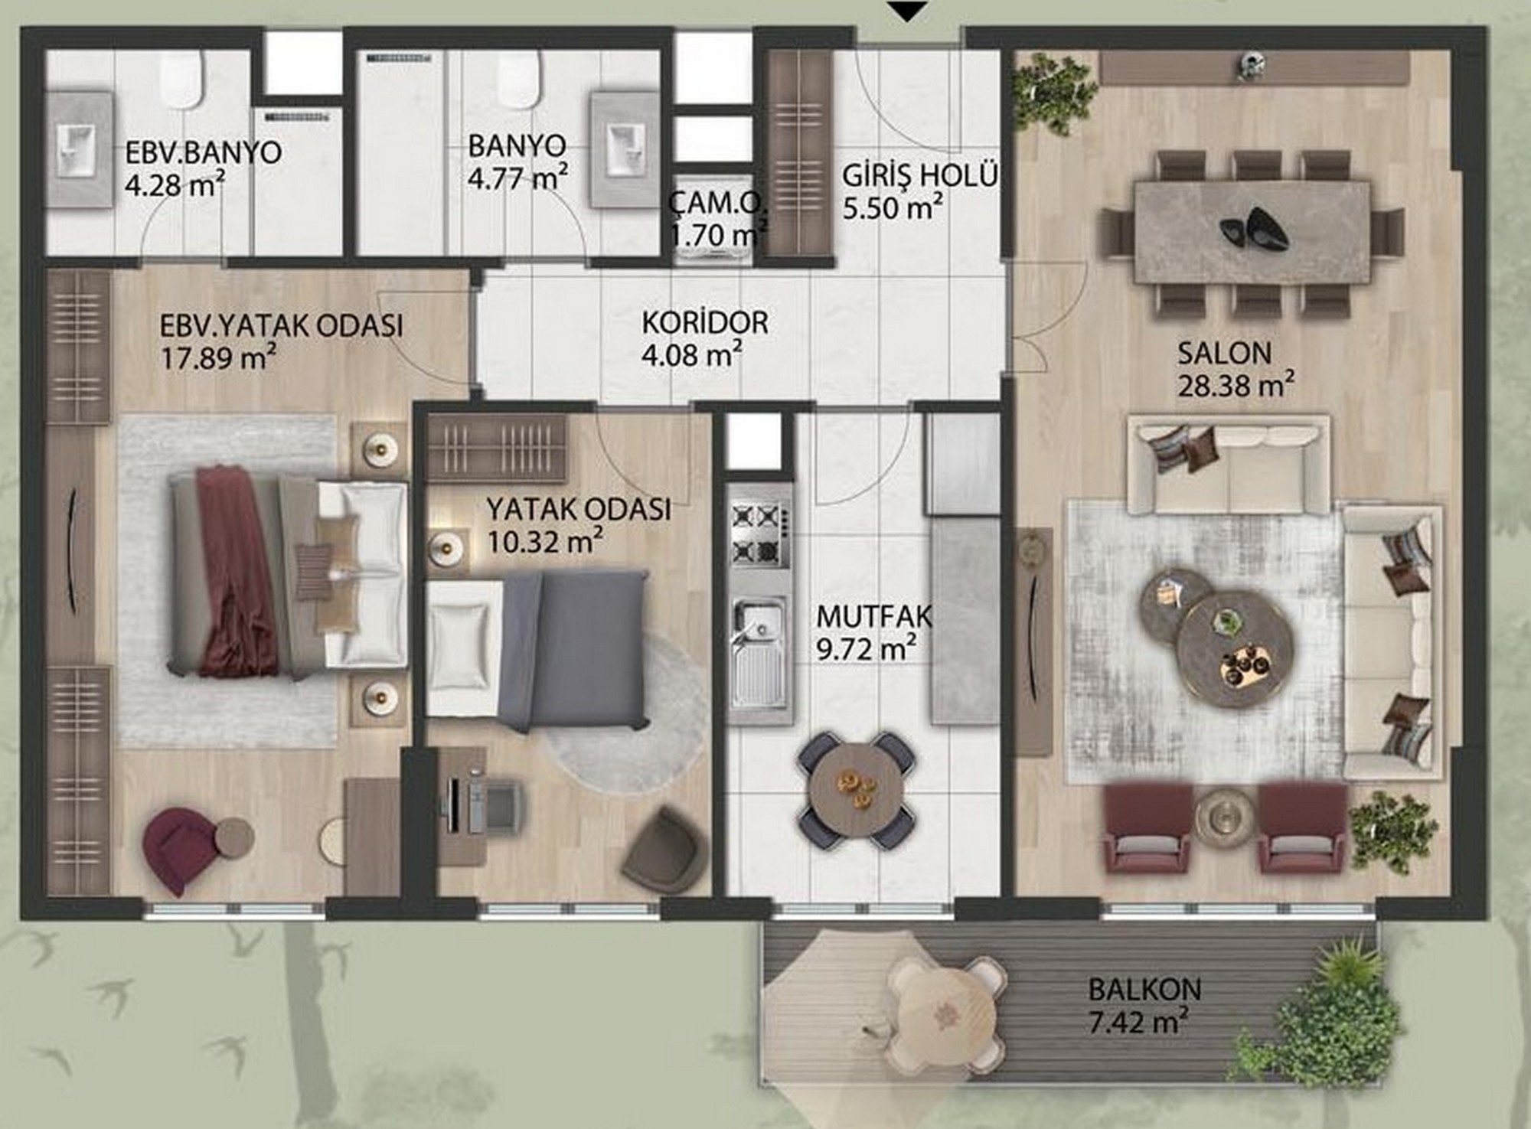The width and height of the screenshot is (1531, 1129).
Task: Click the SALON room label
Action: [1224, 353]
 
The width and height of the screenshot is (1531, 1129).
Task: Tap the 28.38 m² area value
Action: [1236, 385]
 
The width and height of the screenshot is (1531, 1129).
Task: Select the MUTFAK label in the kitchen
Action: [874, 617]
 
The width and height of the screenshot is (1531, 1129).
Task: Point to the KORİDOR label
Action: [704, 322]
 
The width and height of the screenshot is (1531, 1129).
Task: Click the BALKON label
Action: [1145, 989]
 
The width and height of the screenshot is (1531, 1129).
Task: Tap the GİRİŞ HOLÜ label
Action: [921, 175]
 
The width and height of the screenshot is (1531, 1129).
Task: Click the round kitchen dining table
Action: [857, 789]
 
